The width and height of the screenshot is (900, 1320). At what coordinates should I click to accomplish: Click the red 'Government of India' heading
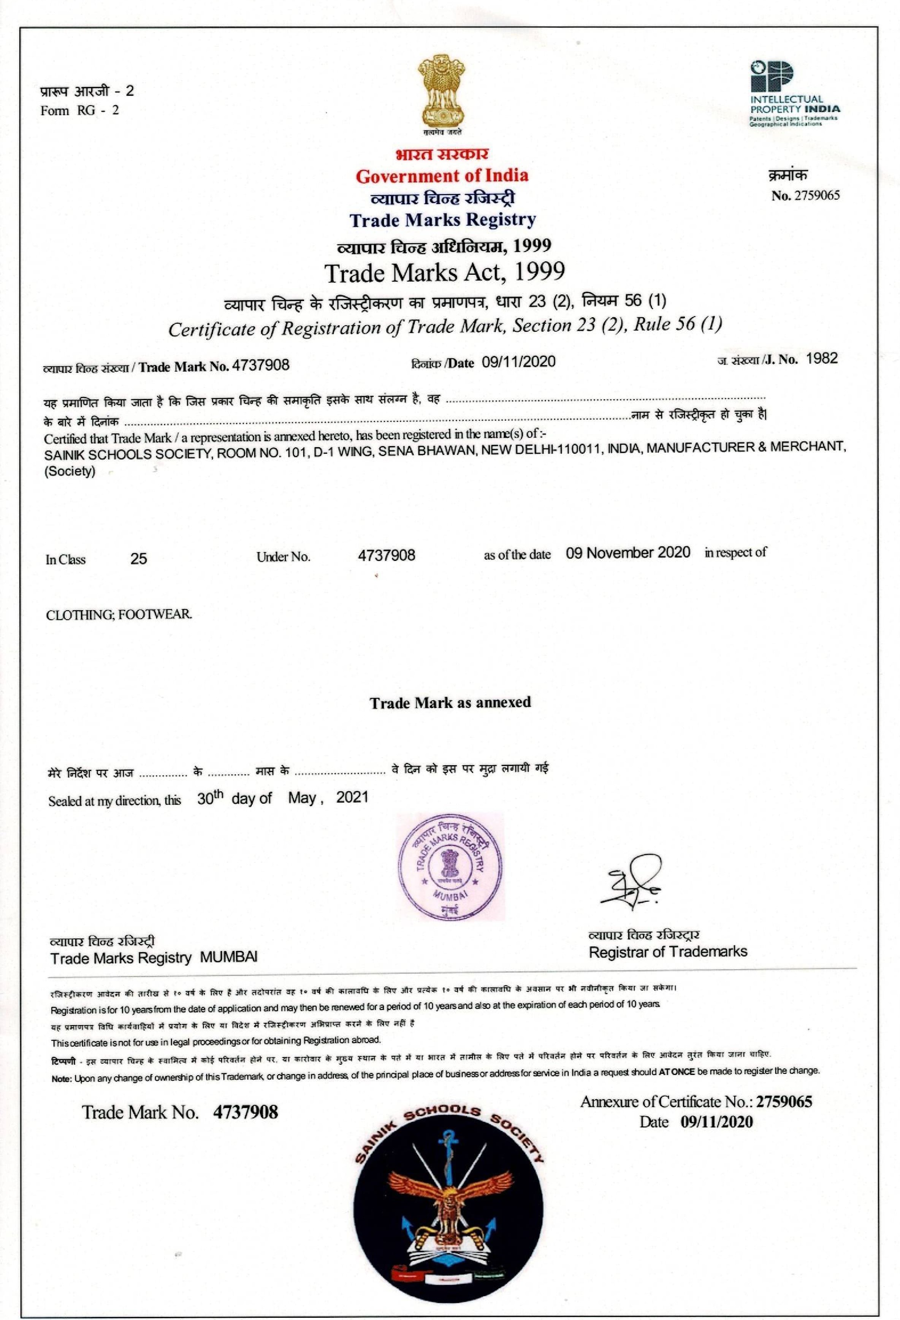pos(442,176)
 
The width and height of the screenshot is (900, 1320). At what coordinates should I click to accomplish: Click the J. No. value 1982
pos(822,358)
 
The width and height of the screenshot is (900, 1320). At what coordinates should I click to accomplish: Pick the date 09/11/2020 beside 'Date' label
pos(518,362)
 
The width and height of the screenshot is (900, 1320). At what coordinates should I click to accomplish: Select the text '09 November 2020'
pos(628,552)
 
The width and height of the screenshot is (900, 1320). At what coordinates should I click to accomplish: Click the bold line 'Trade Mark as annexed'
pos(450,703)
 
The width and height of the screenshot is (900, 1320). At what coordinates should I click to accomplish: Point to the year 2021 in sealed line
pos(352,798)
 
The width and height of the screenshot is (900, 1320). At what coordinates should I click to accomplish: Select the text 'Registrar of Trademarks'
pos(668,951)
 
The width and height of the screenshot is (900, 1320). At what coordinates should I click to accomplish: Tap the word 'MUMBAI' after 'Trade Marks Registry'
pos(229,958)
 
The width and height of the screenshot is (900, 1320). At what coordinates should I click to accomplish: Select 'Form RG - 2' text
pos(79,110)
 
